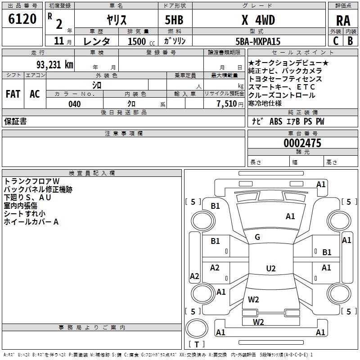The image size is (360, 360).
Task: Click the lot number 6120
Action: point(22,20)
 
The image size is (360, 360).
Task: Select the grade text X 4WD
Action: point(258,20)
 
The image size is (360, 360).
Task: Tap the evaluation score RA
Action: point(343,20)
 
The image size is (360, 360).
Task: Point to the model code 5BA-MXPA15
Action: point(258,41)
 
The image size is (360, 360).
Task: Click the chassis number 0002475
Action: point(302,144)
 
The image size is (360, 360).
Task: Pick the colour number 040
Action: point(74,104)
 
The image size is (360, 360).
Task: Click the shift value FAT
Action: point(13,94)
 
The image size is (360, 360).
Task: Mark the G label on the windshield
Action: point(257,237)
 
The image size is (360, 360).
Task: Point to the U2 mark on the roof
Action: point(270,269)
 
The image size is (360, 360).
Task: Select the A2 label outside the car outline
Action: point(194,276)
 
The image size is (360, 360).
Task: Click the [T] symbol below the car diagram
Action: point(197,344)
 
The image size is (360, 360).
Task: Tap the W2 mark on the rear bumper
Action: point(258,322)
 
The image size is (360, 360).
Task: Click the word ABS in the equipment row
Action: point(275,121)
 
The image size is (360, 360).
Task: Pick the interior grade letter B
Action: point(350,41)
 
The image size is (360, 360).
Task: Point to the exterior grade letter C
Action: point(335,41)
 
